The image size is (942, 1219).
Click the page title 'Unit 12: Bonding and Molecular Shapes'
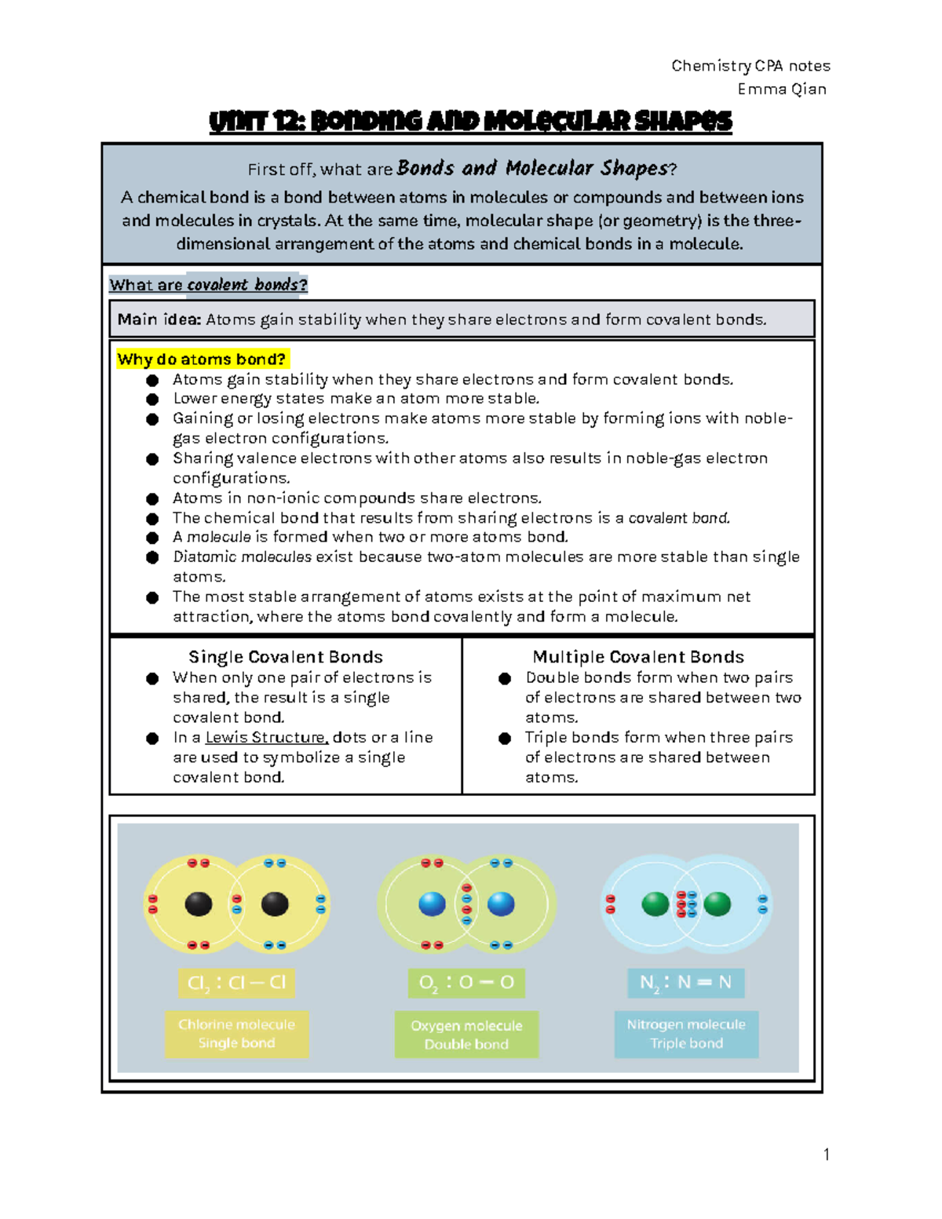[x=470, y=122]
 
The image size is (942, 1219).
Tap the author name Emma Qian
[x=781, y=89]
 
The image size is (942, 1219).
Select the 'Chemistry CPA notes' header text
[x=750, y=66]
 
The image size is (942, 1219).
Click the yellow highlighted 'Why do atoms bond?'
[x=202, y=359]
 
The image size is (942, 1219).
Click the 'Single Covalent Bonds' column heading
[x=286, y=657]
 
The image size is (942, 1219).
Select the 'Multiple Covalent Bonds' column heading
[x=638, y=657]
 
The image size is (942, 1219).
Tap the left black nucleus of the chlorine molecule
[x=199, y=904]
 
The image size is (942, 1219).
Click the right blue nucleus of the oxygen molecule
[x=501, y=904]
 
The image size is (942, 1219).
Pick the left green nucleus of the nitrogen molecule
[x=655, y=904]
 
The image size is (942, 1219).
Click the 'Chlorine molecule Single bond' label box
[x=236, y=1034]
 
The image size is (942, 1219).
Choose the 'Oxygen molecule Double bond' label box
[x=466, y=1035]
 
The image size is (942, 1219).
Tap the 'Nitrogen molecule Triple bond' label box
[x=686, y=1034]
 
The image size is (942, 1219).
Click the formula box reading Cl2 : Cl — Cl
[x=236, y=983]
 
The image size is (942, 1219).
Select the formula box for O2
[x=466, y=983]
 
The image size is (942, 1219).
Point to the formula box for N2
[x=686, y=983]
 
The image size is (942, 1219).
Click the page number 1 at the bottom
[x=826, y=1154]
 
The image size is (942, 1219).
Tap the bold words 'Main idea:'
[x=159, y=319]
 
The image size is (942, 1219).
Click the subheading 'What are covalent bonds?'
[x=208, y=285]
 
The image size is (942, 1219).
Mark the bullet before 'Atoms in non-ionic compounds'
[x=152, y=498]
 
